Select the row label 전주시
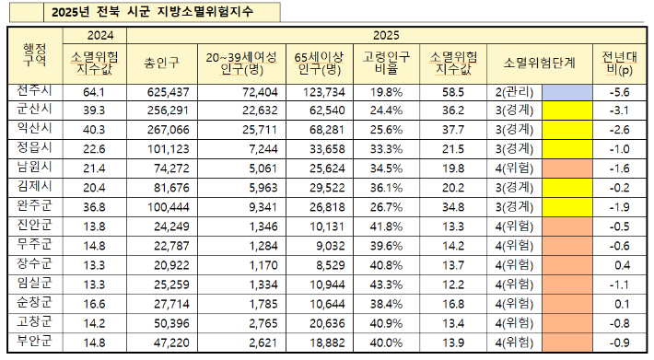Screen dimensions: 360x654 [33, 92]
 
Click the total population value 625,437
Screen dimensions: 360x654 [168, 93]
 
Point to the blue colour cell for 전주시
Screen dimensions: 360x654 [566, 93]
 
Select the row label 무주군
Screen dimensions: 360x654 [33, 246]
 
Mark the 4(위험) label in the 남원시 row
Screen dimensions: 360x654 [514, 169]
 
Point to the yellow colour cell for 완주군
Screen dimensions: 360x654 [566, 208]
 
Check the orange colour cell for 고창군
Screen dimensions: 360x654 [566, 323]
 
